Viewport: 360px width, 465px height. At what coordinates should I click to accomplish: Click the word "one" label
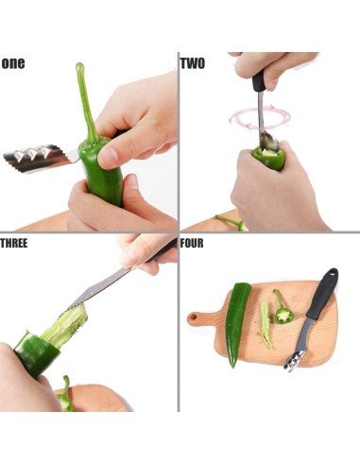click(13, 63)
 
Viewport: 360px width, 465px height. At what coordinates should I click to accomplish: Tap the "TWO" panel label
click(193, 63)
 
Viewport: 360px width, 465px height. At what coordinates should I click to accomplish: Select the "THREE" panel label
click(14, 243)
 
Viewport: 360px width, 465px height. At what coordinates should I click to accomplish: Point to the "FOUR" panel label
click(192, 243)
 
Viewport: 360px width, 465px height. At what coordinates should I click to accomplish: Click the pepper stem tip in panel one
click(79, 65)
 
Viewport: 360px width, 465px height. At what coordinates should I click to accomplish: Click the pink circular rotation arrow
click(260, 118)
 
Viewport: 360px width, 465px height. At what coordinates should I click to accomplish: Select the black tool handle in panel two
click(258, 81)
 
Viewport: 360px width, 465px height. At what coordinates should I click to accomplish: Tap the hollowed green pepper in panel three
click(36, 353)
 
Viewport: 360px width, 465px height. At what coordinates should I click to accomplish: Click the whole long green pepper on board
click(238, 324)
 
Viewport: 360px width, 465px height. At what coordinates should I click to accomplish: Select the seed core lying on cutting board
click(266, 325)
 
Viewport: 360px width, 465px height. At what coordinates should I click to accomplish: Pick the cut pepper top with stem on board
click(283, 309)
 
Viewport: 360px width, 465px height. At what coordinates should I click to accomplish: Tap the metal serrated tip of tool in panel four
click(295, 360)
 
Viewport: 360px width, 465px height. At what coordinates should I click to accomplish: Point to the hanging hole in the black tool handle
click(332, 273)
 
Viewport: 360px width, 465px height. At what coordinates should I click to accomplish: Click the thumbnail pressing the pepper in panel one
click(107, 157)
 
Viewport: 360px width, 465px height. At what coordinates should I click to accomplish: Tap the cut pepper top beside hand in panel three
click(65, 395)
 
